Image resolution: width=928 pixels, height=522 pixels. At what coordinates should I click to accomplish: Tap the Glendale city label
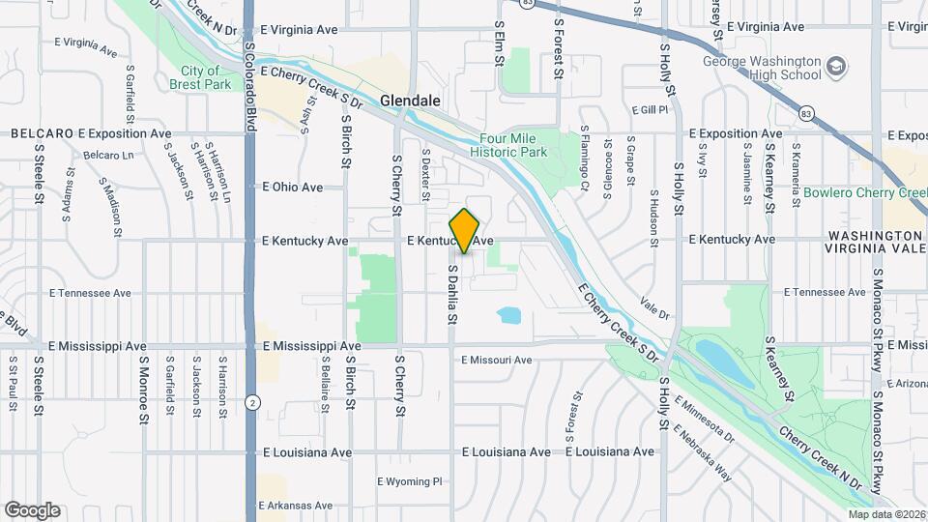[410, 101]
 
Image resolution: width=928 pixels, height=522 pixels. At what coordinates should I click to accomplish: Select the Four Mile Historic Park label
[508, 145]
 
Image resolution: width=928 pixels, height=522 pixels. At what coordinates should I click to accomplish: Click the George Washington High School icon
[836, 67]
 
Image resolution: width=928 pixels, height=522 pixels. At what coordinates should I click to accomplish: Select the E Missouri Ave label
[497, 361]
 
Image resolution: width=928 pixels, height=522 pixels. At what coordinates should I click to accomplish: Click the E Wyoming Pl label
[409, 480]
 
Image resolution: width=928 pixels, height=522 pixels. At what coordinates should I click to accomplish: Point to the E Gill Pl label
[650, 110]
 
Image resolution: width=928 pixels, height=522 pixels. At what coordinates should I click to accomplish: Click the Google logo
[32, 509]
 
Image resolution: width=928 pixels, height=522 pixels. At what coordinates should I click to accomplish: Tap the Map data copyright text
[885, 514]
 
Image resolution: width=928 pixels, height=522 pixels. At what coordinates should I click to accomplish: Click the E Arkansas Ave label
[295, 506]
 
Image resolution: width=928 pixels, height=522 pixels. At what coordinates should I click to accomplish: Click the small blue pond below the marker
[508, 314]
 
